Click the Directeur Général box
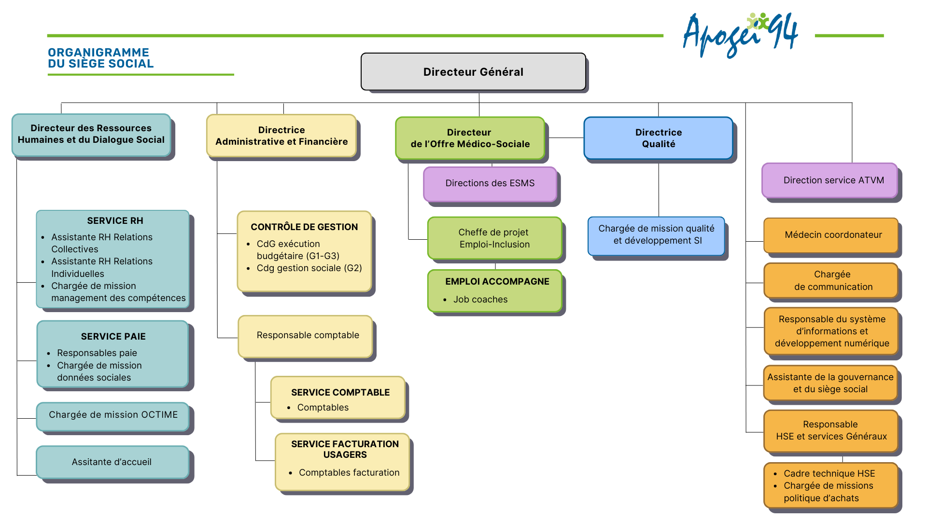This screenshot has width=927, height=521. tap(473, 72)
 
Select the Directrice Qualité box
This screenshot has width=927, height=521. tap(658, 138)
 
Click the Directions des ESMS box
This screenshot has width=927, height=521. tap(490, 183)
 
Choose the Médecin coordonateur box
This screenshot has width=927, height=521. tap(831, 235)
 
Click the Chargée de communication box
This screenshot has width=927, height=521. tap(831, 280)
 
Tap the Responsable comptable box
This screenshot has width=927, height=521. tap(306, 336)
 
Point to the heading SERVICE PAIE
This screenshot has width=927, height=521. tap(113, 337)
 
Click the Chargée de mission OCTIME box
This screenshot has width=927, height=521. tap(113, 415)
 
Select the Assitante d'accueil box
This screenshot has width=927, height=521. tap(112, 462)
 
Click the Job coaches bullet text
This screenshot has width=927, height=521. tap(480, 300)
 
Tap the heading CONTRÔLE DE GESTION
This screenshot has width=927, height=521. tap(304, 227)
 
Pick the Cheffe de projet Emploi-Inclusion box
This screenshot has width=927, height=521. tap(494, 238)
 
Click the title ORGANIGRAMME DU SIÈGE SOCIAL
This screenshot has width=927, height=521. tap(100, 58)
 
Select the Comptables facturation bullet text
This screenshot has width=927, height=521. tap(349, 473)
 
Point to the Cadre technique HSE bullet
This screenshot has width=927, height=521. tap(829, 474)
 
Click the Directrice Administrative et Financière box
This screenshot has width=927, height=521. tap(281, 136)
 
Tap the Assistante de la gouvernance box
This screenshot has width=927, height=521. tap(830, 383)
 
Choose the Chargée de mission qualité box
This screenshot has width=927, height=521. tap(656, 235)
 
